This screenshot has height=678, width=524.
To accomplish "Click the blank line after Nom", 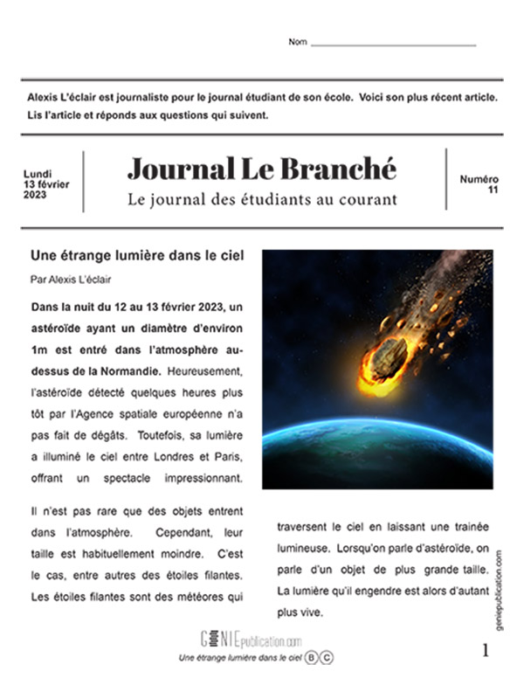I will click(393, 44).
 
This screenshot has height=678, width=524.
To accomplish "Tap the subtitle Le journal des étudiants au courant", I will click(261, 199).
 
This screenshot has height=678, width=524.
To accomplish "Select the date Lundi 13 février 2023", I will click(47, 183).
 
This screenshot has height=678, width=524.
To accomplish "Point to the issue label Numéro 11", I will click(479, 183).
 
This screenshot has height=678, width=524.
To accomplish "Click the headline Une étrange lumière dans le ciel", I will click(136, 256).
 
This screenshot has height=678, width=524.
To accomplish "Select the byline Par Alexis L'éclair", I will click(76, 280).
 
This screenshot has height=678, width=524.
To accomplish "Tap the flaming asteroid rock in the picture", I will click(386, 358).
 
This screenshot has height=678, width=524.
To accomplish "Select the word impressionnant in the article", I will click(201, 481).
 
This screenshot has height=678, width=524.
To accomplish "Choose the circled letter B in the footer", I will click(312, 657).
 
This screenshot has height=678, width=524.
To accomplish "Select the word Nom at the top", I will click(298, 43).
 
